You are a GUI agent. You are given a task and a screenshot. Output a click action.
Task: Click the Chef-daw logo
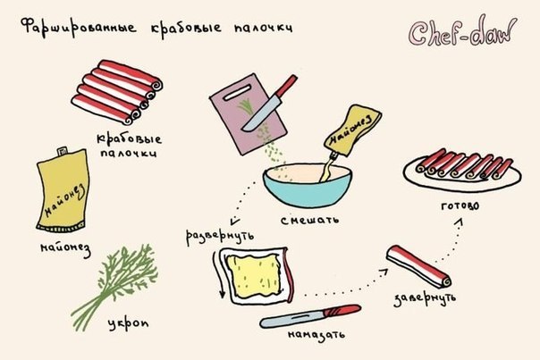click(x=462, y=31)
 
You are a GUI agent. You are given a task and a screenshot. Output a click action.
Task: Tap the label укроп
click(x=128, y=323)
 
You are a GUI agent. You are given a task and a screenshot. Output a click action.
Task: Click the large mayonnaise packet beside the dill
click(x=63, y=189)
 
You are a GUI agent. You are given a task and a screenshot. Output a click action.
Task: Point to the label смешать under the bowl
click(x=309, y=220)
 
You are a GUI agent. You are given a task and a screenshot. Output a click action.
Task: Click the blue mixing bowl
click(x=308, y=186)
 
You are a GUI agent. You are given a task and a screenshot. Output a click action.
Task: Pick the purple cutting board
click(x=249, y=114)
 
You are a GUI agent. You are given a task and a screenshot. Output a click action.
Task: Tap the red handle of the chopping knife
click(x=287, y=85)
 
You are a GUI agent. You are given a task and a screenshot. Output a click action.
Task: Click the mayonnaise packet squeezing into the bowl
click(x=352, y=130)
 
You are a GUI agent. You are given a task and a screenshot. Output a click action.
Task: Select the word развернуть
click(x=221, y=237)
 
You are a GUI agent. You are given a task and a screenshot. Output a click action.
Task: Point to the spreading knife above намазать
click(x=310, y=316)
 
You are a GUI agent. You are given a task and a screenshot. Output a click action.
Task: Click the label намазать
click(x=316, y=335)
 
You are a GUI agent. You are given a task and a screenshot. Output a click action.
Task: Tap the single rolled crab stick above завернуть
click(x=418, y=266)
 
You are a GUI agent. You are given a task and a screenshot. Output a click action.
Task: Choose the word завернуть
click(x=425, y=298)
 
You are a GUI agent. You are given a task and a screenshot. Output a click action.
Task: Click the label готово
click(x=460, y=205)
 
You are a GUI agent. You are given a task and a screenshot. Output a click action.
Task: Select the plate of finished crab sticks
click(x=462, y=171)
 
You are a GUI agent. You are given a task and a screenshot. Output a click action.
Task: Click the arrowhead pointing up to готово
click(x=460, y=223)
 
